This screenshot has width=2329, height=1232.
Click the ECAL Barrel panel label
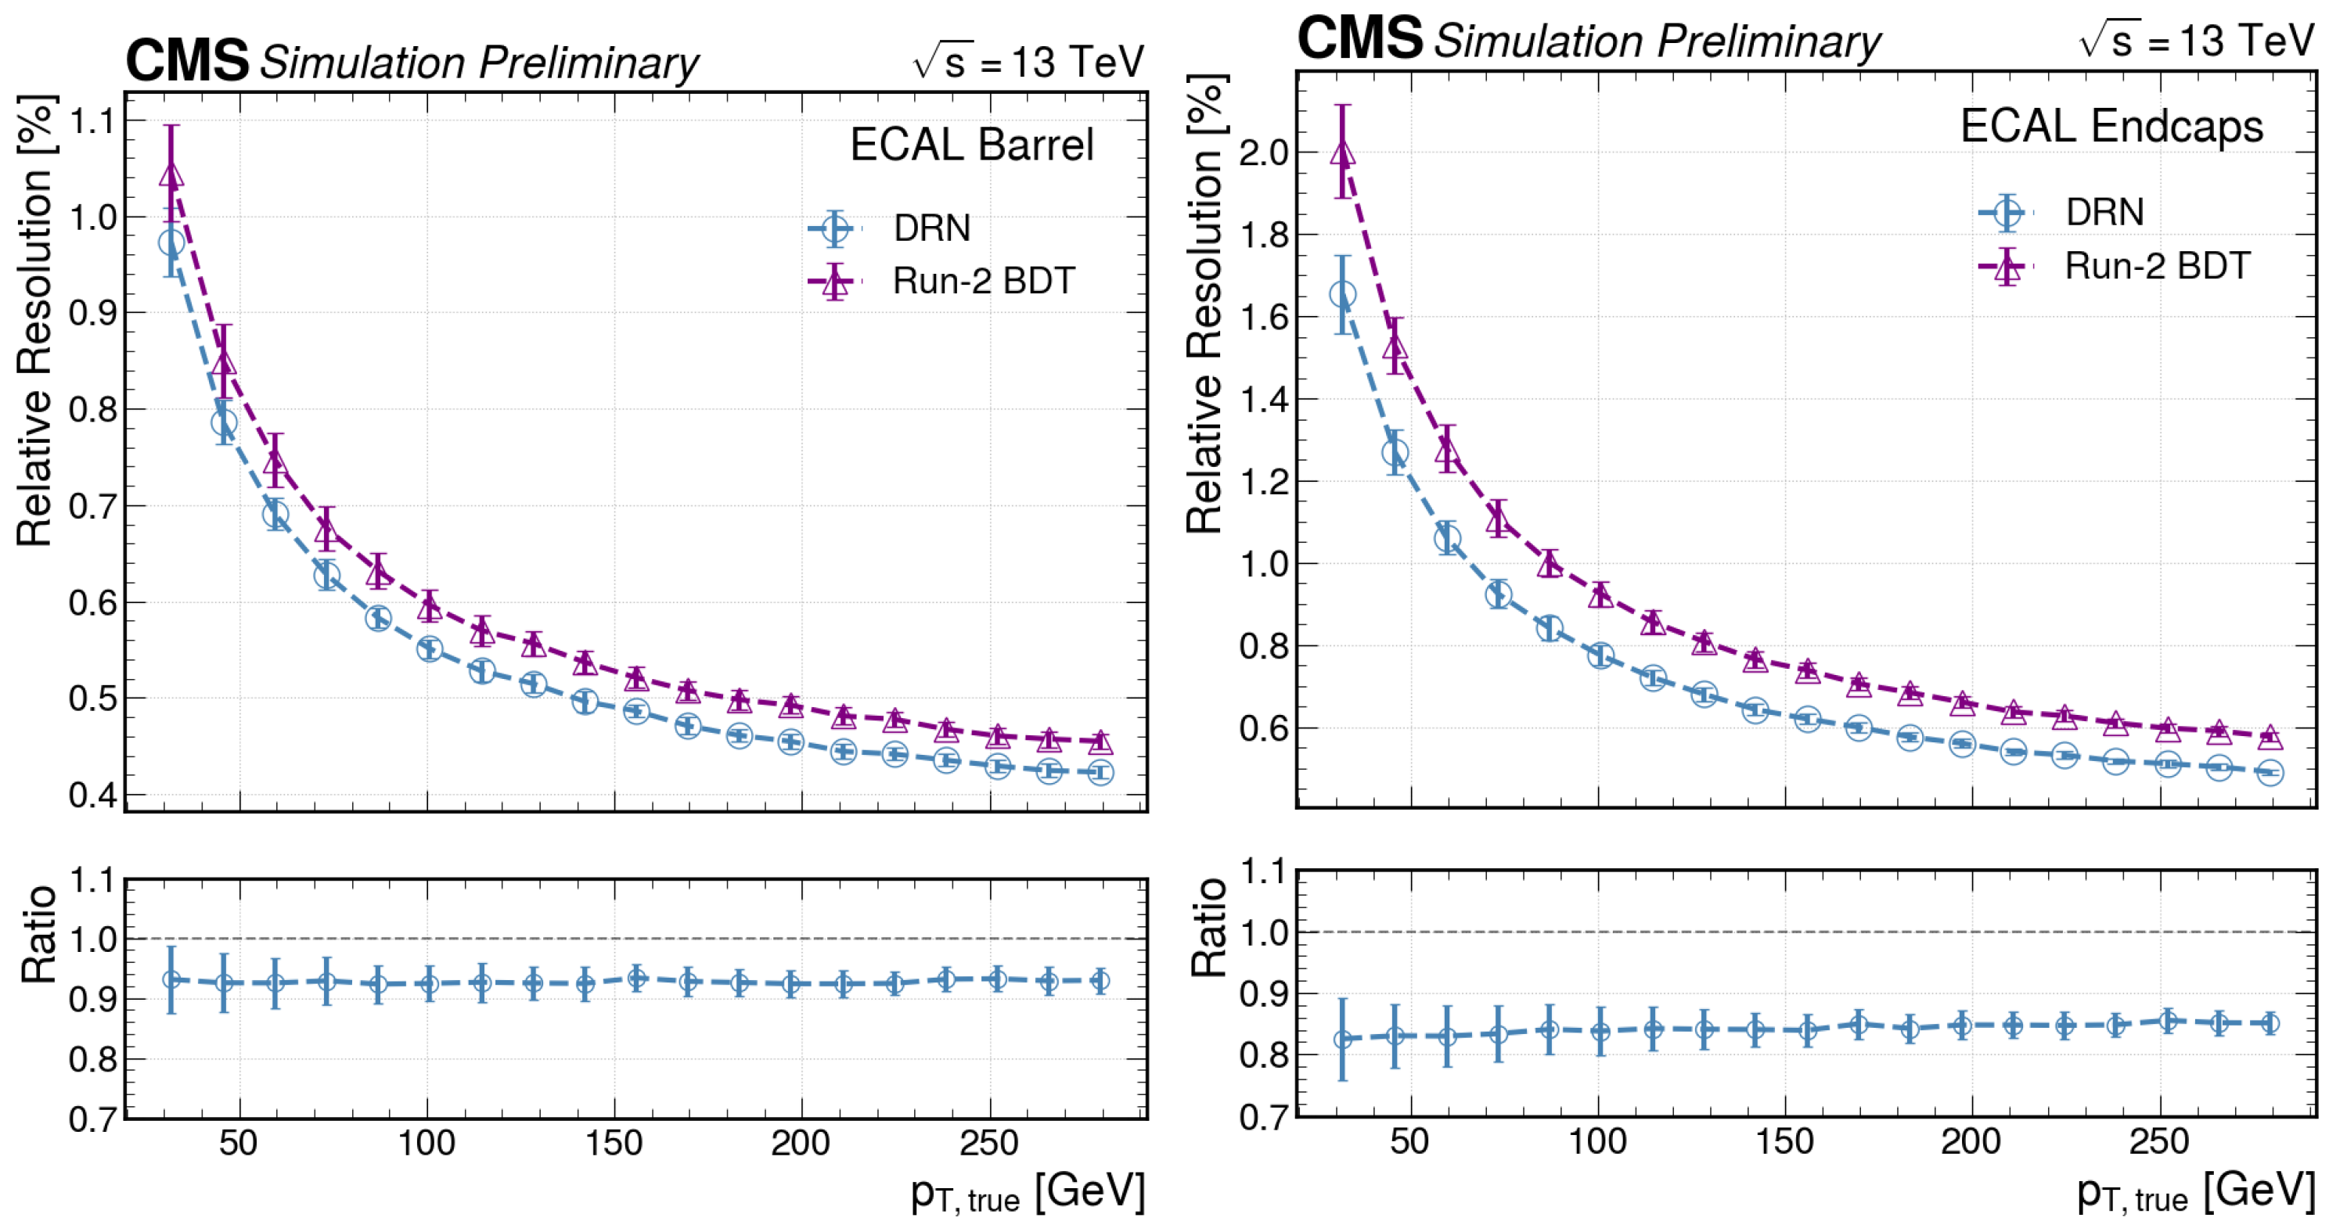pos(972,145)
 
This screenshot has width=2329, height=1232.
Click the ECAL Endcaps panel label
pos(2111,126)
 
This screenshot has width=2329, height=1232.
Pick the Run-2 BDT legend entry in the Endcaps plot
pos(2115,266)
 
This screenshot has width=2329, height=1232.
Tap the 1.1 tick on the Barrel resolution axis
pos(94,121)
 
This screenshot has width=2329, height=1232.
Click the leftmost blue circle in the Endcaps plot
pos(1343,295)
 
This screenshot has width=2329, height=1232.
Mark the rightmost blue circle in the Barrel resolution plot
pos(1100,773)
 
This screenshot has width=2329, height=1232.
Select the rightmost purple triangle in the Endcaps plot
pos(2270,737)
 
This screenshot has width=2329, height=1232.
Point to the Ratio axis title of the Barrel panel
pos(39,934)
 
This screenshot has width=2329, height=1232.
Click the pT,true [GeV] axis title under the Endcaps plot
pos(2196,1191)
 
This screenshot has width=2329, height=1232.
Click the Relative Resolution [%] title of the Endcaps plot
pos(1205,304)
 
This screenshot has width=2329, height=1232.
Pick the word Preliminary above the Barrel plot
pos(589,63)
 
